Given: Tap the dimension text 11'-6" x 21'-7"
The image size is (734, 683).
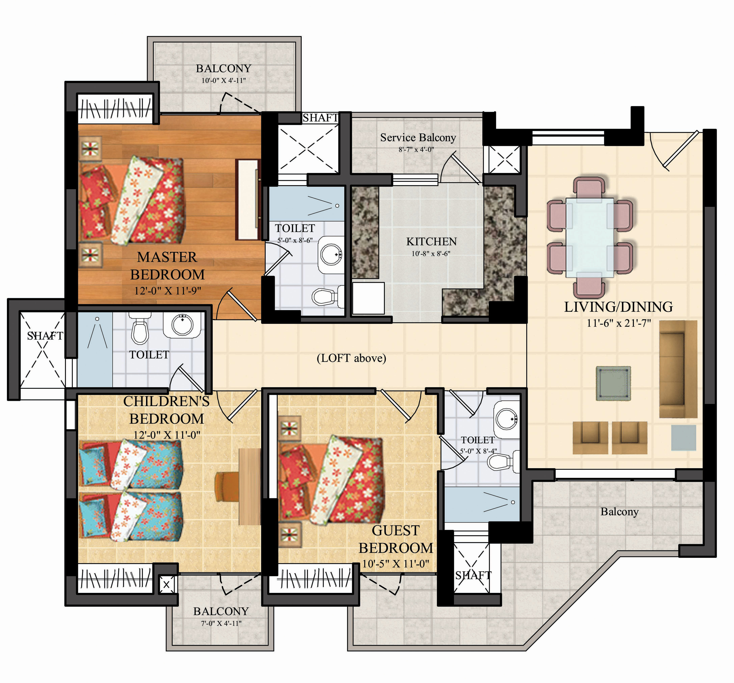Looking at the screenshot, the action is [619, 323].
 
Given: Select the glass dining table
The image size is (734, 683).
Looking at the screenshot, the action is [590, 237].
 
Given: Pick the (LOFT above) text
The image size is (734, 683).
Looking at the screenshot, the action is [352, 358].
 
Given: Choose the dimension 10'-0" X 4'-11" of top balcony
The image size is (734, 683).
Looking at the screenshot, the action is [223, 80].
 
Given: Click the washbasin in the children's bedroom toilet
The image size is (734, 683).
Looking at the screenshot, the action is [183, 325].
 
